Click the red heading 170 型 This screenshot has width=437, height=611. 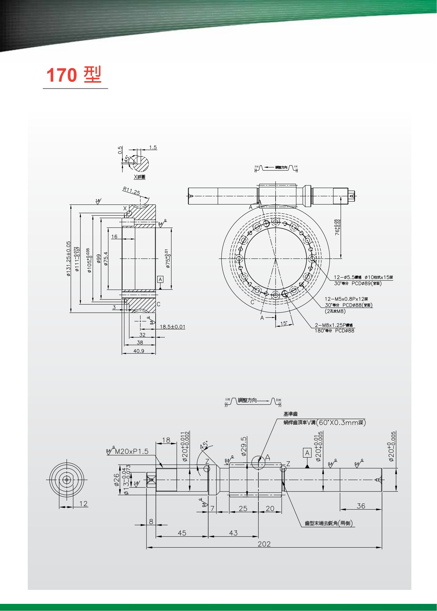(x=74, y=75)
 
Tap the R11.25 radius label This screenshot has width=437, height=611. (x=131, y=191)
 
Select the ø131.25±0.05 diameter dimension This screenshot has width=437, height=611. (x=69, y=258)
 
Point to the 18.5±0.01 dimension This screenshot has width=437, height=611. (x=173, y=327)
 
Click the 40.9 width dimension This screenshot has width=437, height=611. (x=139, y=351)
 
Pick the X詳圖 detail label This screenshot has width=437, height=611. (x=140, y=177)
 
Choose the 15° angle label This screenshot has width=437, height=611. (x=283, y=323)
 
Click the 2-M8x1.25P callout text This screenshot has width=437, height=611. (x=334, y=325)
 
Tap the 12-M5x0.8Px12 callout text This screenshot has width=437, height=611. (x=346, y=299)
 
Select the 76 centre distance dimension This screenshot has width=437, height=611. (x=337, y=228)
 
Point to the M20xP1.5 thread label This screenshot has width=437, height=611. (x=132, y=452)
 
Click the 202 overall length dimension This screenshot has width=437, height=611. (x=264, y=544)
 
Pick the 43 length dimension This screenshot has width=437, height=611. (x=233, y=533)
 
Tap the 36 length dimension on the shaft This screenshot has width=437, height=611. (x=361, y=506)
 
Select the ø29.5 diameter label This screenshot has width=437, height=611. (x=244, y=446)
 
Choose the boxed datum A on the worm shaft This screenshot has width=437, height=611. (x=307, y=453)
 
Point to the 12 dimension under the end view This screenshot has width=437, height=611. (x=83, y=504)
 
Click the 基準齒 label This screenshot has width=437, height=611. (x=290, y=414)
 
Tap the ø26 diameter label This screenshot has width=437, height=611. (x=117, y=480)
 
